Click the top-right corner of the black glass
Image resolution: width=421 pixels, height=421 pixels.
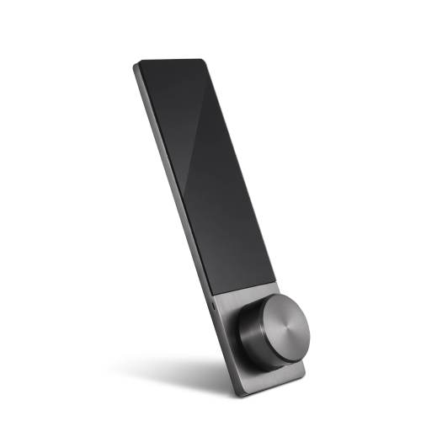[x=203, y=60]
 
